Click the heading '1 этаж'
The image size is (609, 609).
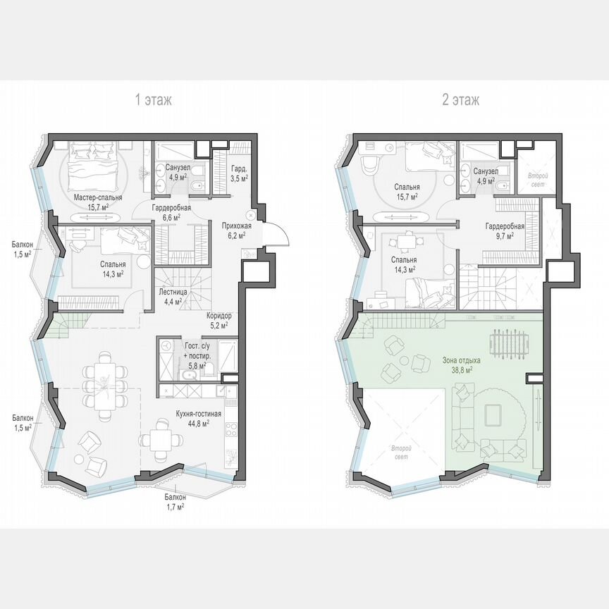pos(153,100)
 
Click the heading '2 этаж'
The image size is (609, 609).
pos(460,100)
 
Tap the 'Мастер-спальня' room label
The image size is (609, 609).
pos(98,198)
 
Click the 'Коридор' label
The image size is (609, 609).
pos(219,316)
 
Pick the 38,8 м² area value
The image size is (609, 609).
pos(460,369)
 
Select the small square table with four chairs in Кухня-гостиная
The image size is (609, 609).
pos(156,441)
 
